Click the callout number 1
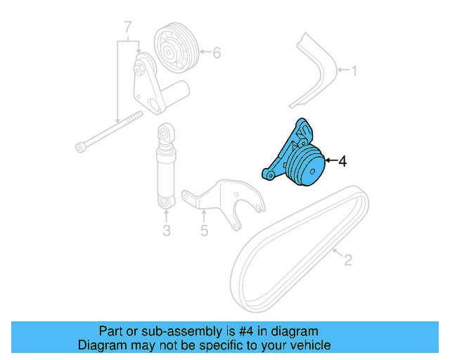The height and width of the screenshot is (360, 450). (x=355, y=70)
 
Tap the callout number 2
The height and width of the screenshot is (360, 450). (x=347, y=261)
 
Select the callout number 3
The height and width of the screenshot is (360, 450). (x=167, y=230)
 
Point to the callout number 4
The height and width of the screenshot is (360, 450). (x=342, y=162)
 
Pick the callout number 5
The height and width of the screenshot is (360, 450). (x=204, y=230)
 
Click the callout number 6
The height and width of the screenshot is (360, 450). (x=217, y=52)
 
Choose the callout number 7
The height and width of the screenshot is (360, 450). (x=128, y=27)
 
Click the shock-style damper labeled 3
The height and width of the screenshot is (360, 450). (x=166, y=169)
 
